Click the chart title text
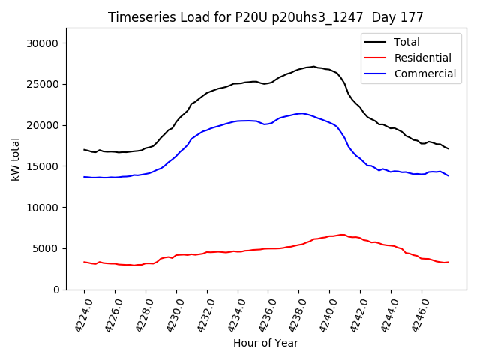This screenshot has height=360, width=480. [x=265, y=17]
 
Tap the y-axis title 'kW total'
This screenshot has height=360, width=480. [x=15, y=159]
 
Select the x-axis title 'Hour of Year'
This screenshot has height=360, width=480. [x=265, y=343]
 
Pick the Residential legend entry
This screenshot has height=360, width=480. [x=422, y=58]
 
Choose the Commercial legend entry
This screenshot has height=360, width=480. [x=424, y=73]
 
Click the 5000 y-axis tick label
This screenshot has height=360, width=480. [x=46, y=248]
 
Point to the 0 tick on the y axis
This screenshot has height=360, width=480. [x=56, y=289]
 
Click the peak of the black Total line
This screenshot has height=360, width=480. [x=314, y=66]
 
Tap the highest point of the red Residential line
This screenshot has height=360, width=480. [x=342, y=235]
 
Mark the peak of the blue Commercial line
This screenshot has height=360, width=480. [x=301, y=113]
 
